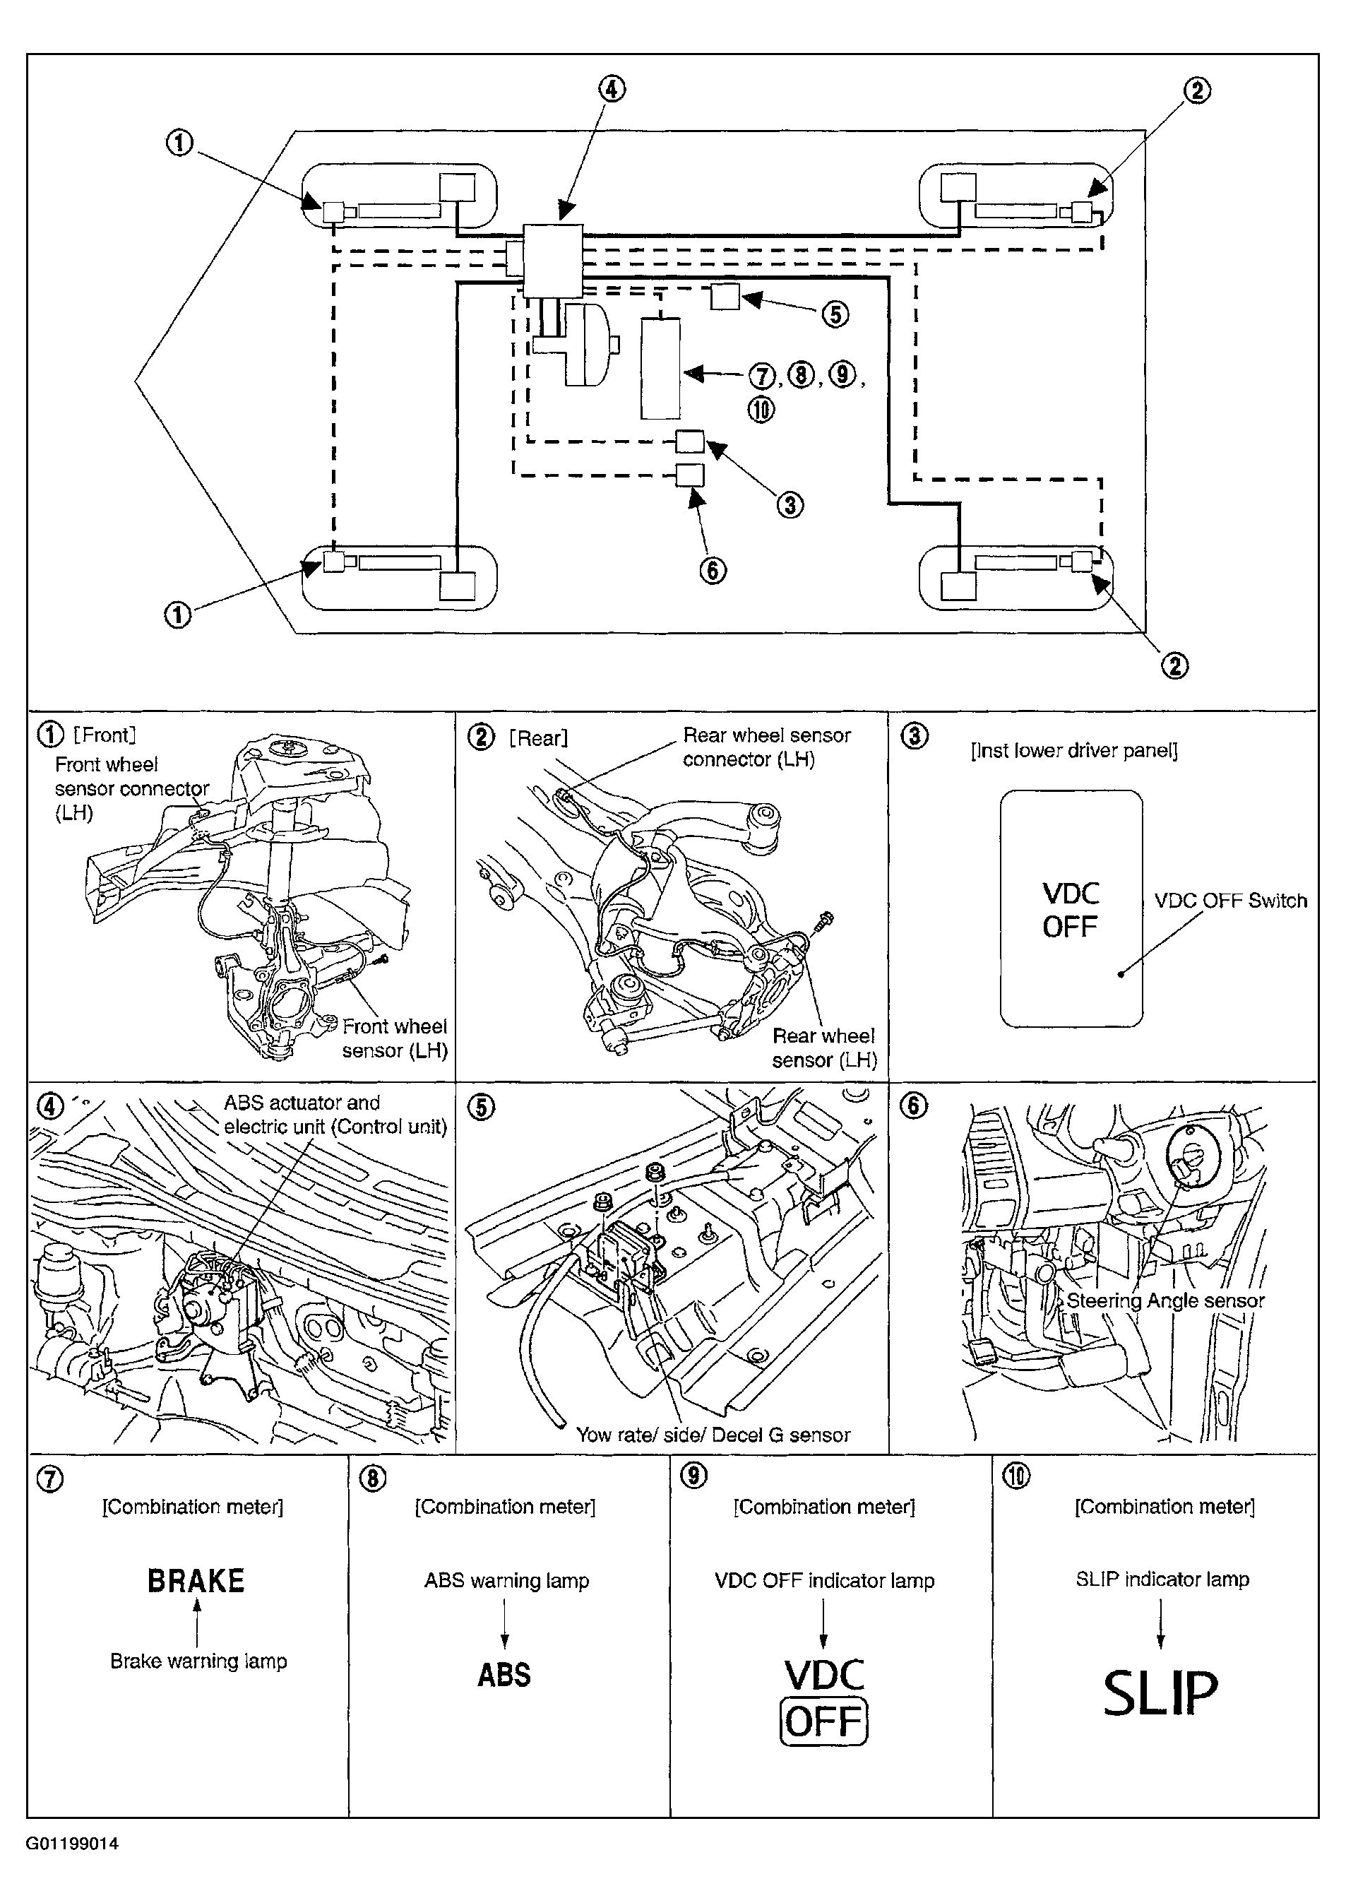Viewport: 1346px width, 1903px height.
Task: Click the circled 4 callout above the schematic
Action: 612,89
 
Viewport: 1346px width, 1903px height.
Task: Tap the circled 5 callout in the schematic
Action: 835,314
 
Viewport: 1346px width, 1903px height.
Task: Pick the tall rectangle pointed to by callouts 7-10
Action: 660,368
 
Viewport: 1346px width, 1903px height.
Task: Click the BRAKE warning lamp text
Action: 196,1582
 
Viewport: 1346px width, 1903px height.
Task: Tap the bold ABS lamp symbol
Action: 504,1675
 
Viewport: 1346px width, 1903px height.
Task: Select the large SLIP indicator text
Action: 1160,1693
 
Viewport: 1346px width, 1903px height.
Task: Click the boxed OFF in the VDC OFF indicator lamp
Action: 825,1721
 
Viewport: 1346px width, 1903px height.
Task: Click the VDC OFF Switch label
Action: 1231,900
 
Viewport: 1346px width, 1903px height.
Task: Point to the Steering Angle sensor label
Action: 1165,1300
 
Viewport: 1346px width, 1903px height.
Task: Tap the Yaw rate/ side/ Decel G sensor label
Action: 714,1435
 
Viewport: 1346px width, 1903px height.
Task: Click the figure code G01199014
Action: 72,1844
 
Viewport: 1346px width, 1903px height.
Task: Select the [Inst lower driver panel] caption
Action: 1074,751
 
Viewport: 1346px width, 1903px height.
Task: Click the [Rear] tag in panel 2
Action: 539,737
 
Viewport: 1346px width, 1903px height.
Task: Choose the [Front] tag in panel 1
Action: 105,735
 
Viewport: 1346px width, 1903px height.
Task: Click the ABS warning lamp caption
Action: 506,1581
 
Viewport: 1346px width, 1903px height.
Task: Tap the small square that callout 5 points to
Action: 725,297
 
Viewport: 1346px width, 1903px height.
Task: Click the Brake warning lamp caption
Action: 199,1661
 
